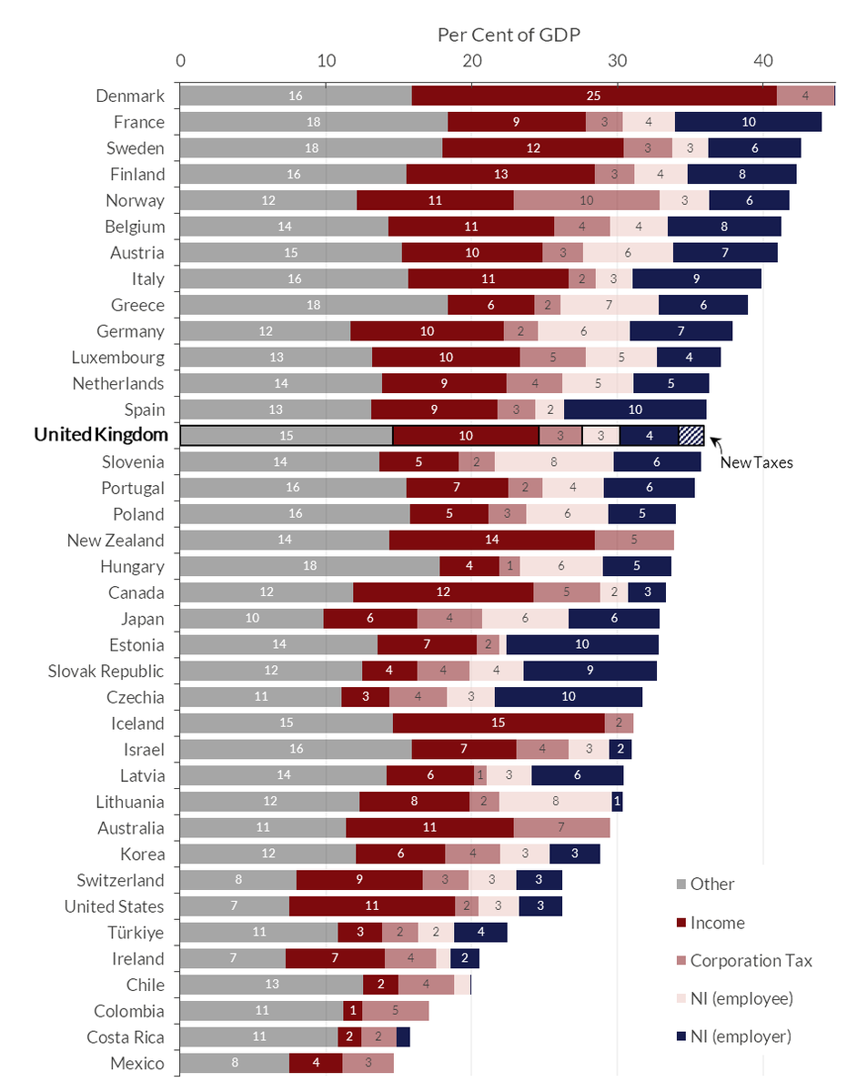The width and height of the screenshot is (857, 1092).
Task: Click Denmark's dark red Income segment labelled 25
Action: click(594, 96)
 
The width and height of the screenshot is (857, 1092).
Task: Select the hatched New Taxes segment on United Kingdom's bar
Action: click(691, 436)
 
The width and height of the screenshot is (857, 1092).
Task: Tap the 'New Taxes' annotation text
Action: click(756, 462)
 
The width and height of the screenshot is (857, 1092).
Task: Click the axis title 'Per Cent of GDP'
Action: click(509, 35)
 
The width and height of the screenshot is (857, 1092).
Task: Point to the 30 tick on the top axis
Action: click(618, 61)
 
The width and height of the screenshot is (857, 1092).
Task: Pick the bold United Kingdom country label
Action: click(100, 435)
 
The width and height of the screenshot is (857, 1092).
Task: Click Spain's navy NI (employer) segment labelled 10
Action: click(634, 409)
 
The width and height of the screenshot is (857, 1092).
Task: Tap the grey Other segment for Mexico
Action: click(234, 1063)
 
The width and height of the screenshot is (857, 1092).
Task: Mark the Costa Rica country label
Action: click(126, 1036)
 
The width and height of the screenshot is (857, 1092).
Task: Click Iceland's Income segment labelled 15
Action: click(499, 723)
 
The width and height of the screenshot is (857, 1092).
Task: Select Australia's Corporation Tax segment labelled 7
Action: click(561, 828)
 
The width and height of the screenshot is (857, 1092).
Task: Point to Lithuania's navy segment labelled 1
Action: click(617, 802)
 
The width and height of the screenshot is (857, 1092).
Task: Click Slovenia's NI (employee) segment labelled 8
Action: click(554, 461)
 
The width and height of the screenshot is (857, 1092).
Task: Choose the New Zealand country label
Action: click(116, 541)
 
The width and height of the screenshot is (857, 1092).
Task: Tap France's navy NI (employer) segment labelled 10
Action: click(748, 122)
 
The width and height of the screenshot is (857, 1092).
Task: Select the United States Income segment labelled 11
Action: click(371, 906)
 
